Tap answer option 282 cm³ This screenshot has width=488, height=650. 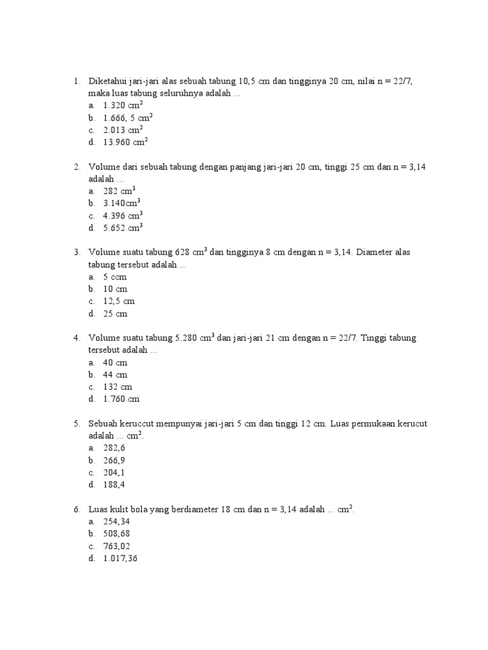click(x=119, y=191)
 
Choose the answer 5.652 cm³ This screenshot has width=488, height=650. click(x=122, y=228)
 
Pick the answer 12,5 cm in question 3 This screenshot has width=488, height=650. click(x=119, y=302)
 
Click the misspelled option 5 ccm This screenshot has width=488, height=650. click(x=115, y=277)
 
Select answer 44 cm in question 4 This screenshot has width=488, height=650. click(x=115, y=375)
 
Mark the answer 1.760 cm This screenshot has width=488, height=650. click(x=121, y=399)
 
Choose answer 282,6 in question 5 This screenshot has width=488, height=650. click(x=114, y=448)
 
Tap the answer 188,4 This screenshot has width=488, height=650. click(x=114, y=485)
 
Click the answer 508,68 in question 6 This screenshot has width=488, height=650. click(x=116, y=534)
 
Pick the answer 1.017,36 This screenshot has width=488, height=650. click(x=120, y=559)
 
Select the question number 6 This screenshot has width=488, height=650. click(x=76, y=510)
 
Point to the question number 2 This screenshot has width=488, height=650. click(x=76, y=167)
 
